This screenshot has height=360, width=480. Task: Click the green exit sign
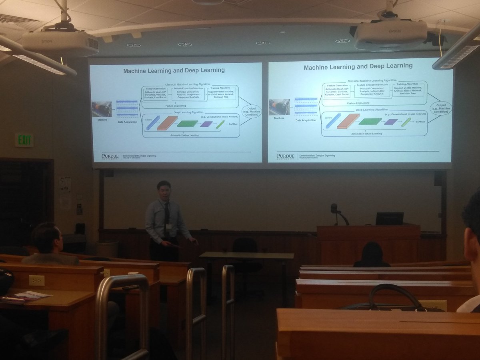click(24, 140)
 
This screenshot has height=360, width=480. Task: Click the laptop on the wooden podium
click(389, 219)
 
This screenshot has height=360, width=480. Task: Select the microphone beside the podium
click(334, 208)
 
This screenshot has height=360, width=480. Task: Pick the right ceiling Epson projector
click(390, 35)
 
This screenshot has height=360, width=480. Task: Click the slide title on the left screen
click(174, 71)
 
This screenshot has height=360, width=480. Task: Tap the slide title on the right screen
click(358, 66)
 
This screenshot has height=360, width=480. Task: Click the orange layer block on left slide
click(167, 123)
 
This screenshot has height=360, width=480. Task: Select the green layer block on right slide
click(370, 121)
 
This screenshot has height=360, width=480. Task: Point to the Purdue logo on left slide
click(110, 156)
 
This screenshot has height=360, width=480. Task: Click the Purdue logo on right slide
click(286, 156)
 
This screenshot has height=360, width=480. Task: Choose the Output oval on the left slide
click(251, 111)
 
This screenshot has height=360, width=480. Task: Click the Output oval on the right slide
click(441, 108)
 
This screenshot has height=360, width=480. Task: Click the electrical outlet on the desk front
click(36, 280)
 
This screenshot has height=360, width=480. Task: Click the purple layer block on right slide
click(391, 122)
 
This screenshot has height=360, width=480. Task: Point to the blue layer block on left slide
click(153, 122)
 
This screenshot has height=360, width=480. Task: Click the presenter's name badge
click(168, 227)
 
